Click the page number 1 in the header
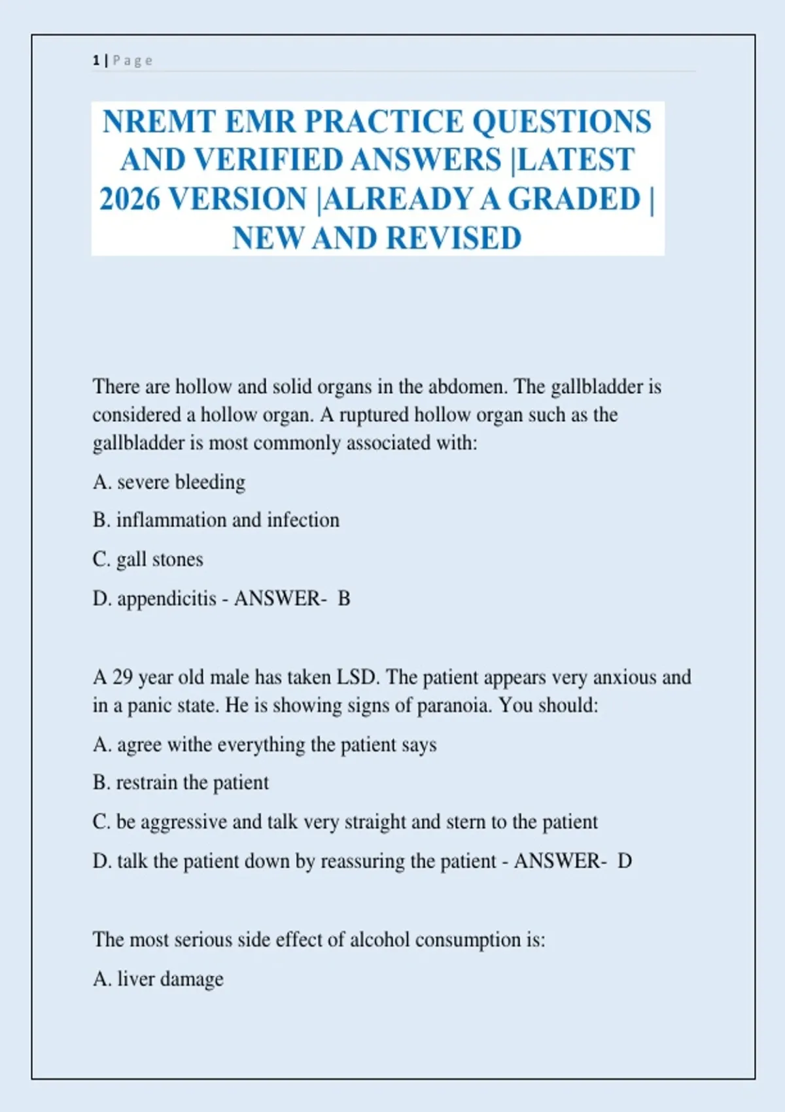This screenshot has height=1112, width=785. point(96,61)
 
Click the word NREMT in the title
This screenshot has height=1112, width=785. point(159,122)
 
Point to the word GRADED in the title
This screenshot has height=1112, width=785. point(574,199)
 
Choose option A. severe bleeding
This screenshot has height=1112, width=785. point(169,482)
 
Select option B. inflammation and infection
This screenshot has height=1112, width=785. point(216,520)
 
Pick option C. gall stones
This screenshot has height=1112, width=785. point(148,559)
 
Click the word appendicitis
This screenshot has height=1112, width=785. point(167,599)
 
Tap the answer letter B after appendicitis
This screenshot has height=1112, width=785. point(344,599)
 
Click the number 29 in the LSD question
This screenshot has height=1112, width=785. point(122,677)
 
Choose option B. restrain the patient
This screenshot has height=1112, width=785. point(181,783)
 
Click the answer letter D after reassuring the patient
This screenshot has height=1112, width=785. point(625,861)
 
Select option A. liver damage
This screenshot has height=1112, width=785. point(158,979)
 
